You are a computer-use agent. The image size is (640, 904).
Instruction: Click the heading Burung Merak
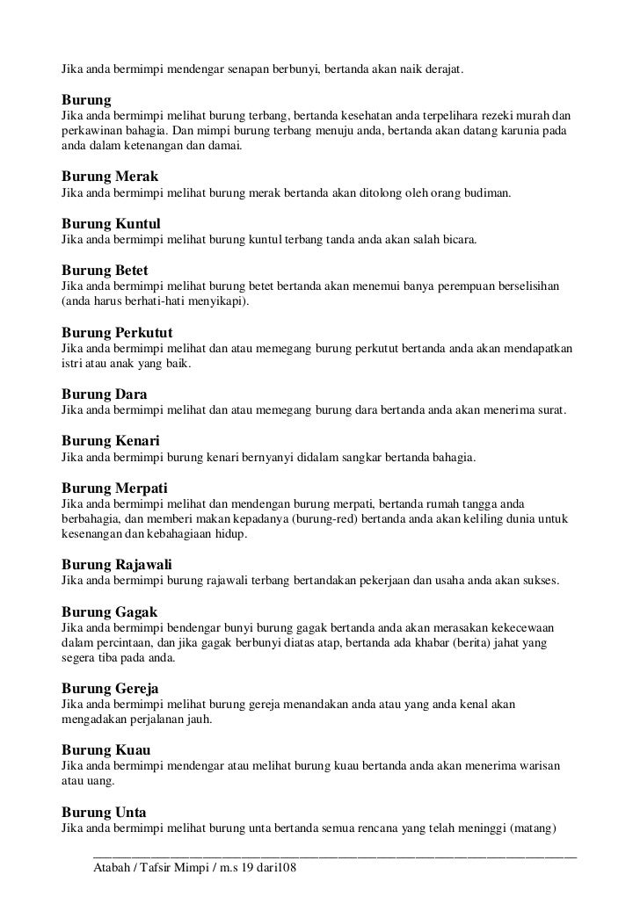point(109,177)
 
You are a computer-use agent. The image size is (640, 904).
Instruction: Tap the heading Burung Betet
point(105,270)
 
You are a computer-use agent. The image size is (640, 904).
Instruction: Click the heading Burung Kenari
point(110,440)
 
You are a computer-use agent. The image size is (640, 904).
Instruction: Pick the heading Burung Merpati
point(114,487)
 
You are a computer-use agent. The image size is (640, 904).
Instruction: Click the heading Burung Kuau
point(105,750)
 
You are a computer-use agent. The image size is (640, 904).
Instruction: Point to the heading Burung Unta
point(104,812)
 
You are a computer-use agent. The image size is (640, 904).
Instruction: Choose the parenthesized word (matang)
point(545,828)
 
